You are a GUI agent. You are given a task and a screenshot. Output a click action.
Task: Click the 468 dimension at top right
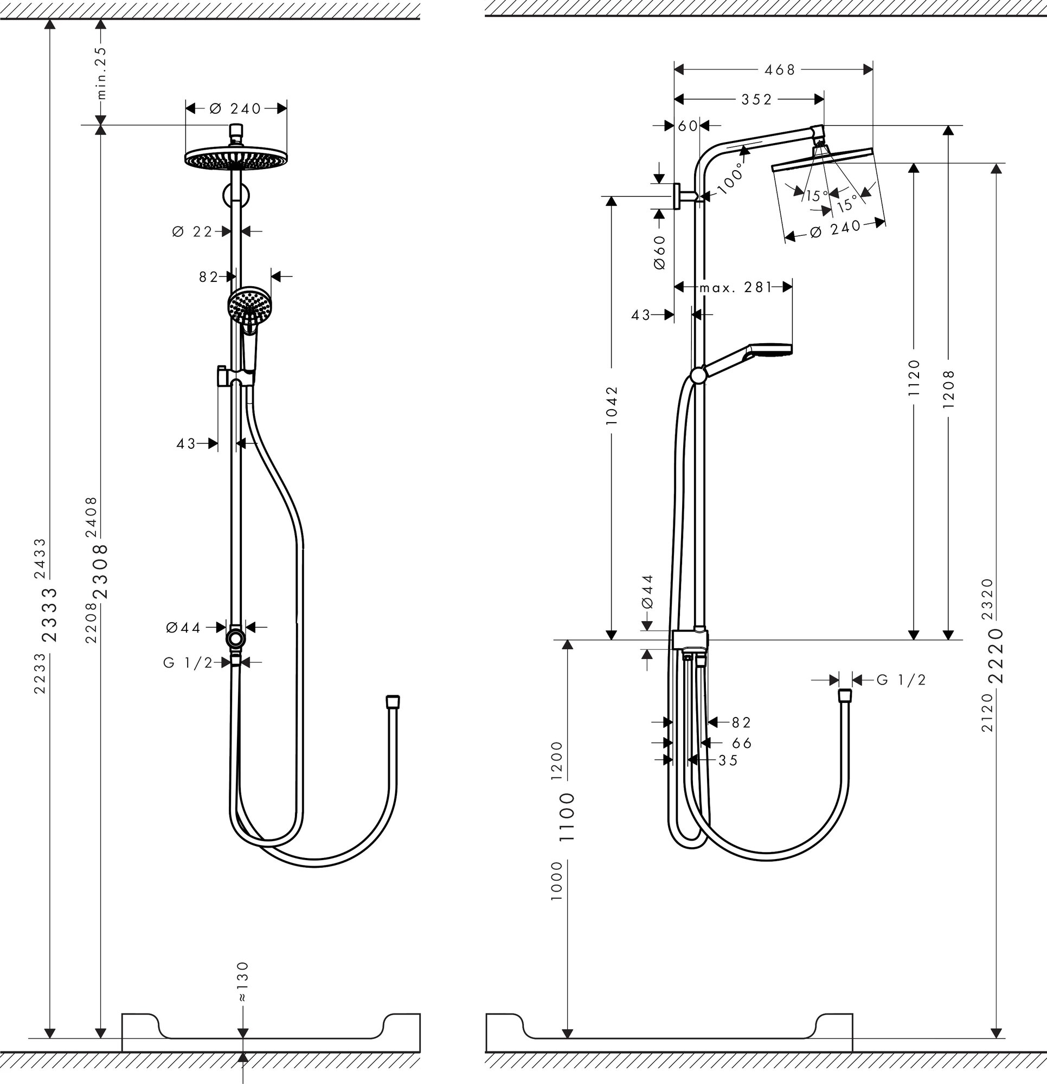(779, 70)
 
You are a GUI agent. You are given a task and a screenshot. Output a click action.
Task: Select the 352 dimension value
(756, 99)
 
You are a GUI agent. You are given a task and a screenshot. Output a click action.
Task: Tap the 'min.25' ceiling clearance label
(102, 73)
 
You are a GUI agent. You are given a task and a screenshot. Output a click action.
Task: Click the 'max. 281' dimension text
(735, 287)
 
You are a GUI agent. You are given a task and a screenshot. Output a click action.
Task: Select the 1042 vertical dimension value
(612, 405)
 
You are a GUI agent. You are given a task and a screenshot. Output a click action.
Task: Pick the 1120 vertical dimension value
(914, 377)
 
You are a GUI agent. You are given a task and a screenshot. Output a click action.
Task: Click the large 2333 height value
(50, 614)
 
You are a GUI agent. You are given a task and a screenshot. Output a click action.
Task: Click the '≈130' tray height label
(243, 997)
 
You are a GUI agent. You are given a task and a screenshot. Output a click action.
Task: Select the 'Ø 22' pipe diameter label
(192, 232)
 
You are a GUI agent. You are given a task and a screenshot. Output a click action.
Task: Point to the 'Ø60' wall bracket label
(659, 252)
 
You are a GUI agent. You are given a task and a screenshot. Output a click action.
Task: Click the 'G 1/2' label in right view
(902, 680)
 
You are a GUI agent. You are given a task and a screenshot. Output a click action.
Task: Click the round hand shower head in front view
(249, 305)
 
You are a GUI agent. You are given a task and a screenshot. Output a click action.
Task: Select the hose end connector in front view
(393, 701)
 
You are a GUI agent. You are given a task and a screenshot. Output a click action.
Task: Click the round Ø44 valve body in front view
(236, 639)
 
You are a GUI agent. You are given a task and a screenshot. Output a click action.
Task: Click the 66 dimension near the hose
(742, 743)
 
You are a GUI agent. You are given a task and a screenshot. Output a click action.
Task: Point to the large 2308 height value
(101, 571)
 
